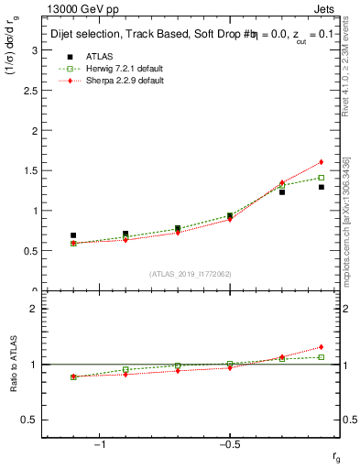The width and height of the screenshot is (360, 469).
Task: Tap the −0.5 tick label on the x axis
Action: pyautogui.click(x=228, y=446)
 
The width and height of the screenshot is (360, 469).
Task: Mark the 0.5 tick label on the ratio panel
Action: pyautogui.click(x=29, y=420)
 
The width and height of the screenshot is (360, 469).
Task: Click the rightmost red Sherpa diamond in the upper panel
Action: pyautogui.click(x=321, y=162)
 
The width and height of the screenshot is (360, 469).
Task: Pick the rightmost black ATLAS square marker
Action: pyautogui.click(x=321, y=187)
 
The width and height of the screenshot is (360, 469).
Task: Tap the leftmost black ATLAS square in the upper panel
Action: pyautogui.click(x=73, y=235)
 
